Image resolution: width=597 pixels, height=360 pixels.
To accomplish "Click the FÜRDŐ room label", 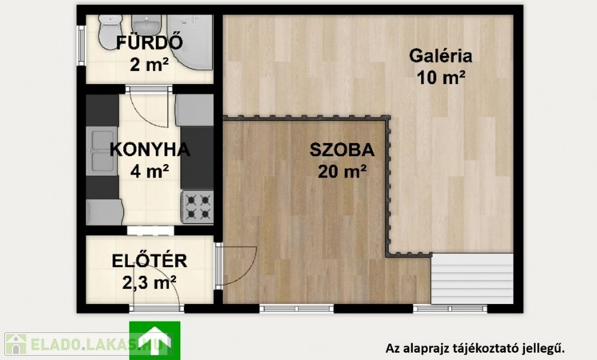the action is click(149, 42).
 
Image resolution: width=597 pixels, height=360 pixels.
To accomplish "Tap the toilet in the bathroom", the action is click(109, 31).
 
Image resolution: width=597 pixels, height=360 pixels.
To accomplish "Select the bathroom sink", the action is click(146, 24).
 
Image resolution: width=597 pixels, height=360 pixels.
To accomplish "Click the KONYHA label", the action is click(150, 150).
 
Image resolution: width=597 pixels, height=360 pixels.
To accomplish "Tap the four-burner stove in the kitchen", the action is click(197, 207).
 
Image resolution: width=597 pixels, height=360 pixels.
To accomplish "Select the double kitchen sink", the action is click(102, 151).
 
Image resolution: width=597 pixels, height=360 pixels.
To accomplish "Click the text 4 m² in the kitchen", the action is click(150, 172).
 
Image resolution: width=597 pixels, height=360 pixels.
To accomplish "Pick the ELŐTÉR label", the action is click(149, 261).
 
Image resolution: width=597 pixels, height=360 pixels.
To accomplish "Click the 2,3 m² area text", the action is click(149, 282).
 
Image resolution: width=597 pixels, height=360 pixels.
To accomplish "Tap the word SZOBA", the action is click(342, 150).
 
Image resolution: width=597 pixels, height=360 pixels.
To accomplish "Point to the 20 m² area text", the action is click(342, 172).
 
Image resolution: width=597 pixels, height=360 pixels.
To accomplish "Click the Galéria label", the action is click(441, 56).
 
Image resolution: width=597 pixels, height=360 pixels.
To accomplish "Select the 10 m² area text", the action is click(441, 78).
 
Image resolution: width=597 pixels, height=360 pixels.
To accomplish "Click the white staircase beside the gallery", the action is click(472, 278).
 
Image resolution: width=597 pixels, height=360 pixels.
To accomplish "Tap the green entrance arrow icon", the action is click(154, 340).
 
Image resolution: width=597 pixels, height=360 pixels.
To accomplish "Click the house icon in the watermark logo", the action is click(16, 344).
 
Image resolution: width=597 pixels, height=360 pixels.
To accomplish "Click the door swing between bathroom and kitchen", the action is click(149, 107).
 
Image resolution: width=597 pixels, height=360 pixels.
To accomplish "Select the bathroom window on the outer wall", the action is click(81, 46).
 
